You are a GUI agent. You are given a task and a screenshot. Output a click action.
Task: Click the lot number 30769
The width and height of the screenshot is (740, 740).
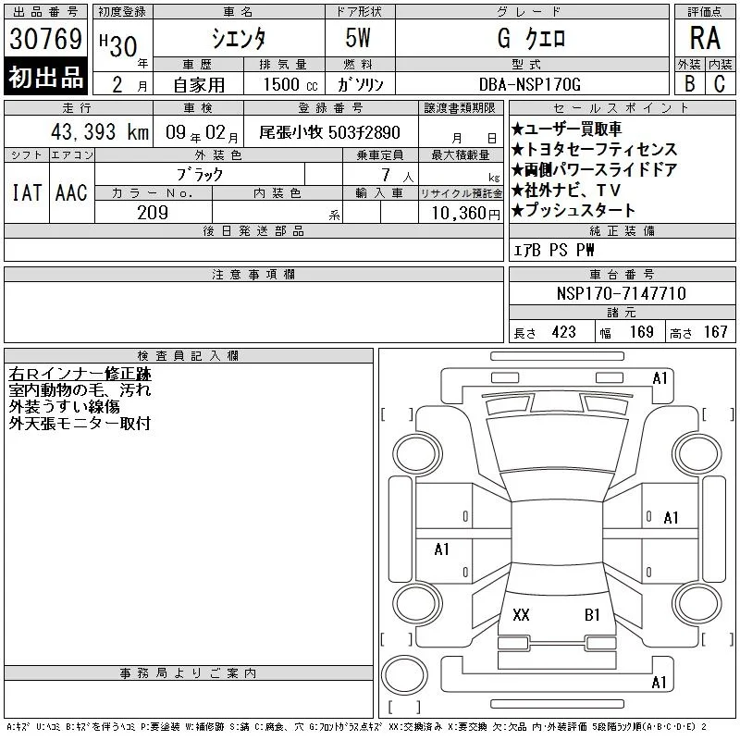click(45, 38)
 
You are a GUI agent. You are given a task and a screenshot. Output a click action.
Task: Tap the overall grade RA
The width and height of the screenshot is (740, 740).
click(705, 38)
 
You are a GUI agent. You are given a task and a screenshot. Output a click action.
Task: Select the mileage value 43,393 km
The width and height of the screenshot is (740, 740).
click(100, 131)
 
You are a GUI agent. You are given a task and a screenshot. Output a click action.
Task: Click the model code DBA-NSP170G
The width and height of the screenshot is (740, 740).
click(529, 84)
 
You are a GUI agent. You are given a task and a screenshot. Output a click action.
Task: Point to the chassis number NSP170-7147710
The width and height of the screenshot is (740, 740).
click(621, 293)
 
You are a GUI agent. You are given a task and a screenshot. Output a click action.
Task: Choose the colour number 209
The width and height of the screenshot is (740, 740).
click(153, 213)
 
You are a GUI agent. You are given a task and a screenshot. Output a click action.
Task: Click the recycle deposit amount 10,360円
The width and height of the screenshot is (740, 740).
click(466, 214)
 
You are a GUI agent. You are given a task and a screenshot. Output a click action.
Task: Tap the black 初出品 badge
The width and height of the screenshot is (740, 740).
click(45, 77)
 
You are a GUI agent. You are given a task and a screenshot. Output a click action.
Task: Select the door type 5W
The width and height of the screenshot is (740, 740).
click(358, 38)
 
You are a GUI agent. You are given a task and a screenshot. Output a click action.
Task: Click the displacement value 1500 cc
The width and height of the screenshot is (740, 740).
click(290, 84)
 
